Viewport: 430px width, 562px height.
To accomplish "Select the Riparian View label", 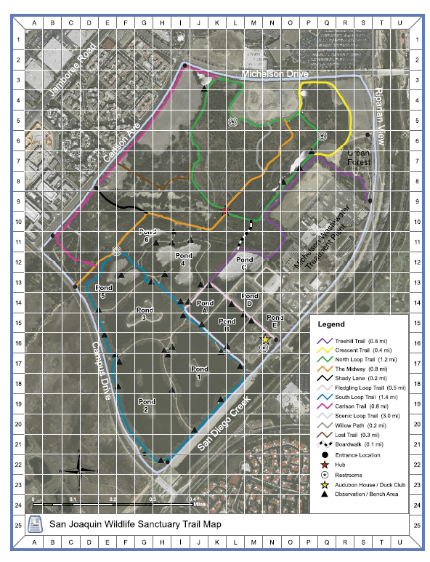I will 382,123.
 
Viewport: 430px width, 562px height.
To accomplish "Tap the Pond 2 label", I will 146,404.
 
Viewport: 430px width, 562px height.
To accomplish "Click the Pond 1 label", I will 199,372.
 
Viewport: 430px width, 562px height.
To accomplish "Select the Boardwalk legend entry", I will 356,443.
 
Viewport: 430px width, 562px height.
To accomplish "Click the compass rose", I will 81,470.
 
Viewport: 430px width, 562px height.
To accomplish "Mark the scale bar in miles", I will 113,502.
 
